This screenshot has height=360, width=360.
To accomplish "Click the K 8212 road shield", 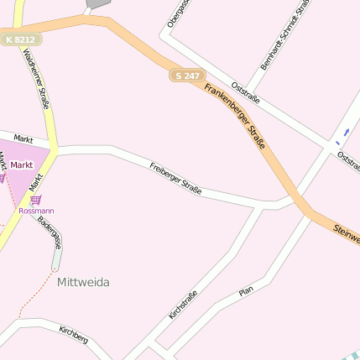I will pyautogui.click(x=20, y=39).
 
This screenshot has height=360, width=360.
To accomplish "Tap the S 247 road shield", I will pyautogui.click(x=187, y=76).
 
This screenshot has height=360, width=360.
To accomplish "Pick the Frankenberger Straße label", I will pyautogui.click(x=236, y=117).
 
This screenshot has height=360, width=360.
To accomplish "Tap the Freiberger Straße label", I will pyautogui.click(x=175, y=179).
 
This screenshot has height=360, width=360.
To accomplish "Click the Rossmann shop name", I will pyautogui.click(x=36, y=211).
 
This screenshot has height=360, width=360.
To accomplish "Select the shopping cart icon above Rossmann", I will pyautogui.click(x=35, y=200).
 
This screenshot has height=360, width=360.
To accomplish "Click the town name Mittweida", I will pyautogui.click(x=83, y=283).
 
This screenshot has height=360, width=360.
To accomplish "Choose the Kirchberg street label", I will pyautogui.click(x=74, y=335).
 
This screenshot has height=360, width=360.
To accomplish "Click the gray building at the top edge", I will pyautogui.click(x=97, y=3).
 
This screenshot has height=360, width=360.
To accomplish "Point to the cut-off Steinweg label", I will pyautogui.click(x=346, y=234).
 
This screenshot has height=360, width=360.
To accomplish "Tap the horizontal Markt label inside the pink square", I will pyautogui.click(x=22, y=165).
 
